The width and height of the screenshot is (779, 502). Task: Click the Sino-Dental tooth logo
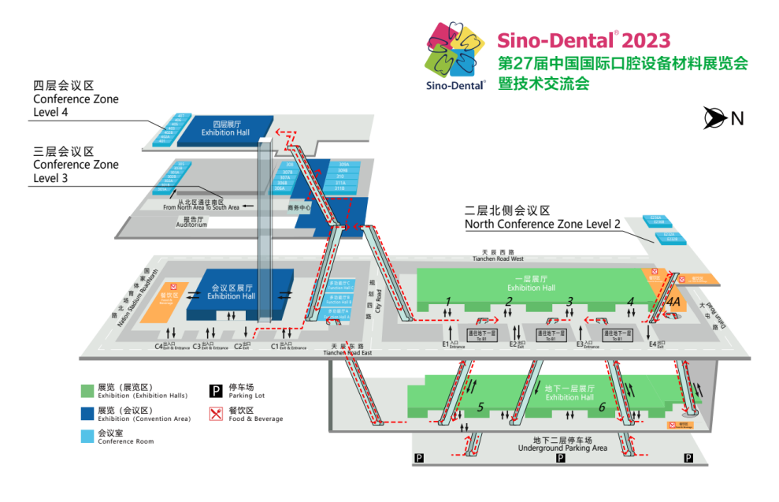456,56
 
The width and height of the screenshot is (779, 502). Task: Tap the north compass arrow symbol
715,118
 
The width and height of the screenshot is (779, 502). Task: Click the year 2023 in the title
646,41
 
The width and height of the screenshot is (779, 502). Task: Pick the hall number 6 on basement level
603,407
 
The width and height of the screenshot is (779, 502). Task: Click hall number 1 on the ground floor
448,300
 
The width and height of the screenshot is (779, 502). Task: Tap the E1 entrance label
449,344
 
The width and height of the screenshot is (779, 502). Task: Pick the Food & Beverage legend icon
215,414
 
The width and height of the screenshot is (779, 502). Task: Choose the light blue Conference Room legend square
87,437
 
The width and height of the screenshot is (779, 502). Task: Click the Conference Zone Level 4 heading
76,99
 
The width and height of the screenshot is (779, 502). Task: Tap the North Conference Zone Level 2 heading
543,218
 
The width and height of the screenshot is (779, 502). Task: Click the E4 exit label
656,344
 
